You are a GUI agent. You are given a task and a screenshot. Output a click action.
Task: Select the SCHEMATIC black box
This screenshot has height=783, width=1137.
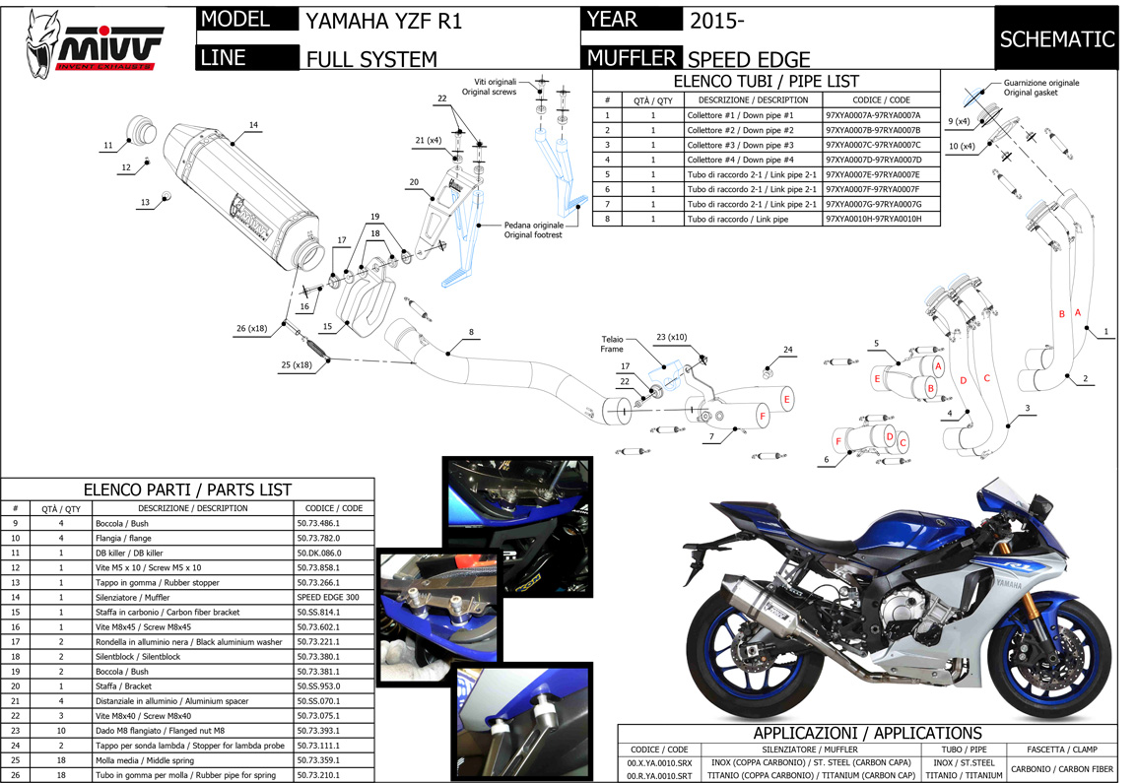1057,39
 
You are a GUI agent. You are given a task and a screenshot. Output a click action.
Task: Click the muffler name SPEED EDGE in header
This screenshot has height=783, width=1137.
749,59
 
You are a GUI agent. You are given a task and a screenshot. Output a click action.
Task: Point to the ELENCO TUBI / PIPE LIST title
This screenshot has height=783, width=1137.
766,82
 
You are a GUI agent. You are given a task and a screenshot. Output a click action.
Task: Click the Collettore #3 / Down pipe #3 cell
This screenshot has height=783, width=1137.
740,145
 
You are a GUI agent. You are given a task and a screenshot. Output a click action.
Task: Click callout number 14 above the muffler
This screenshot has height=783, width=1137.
253,125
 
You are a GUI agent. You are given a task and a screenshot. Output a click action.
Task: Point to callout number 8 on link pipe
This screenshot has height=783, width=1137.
471,332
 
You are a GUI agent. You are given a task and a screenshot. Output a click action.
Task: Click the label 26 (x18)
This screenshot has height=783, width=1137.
253,329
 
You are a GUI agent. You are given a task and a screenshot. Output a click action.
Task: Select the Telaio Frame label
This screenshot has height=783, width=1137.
612,344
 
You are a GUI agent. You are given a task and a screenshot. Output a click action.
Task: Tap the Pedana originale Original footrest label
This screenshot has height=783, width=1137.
533,229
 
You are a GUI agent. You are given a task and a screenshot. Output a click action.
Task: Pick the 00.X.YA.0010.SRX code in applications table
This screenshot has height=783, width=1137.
659,761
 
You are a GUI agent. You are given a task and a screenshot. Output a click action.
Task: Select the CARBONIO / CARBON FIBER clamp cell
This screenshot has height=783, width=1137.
1062,768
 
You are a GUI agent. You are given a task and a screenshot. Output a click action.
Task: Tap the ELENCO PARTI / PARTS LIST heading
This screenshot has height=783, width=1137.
187,489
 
